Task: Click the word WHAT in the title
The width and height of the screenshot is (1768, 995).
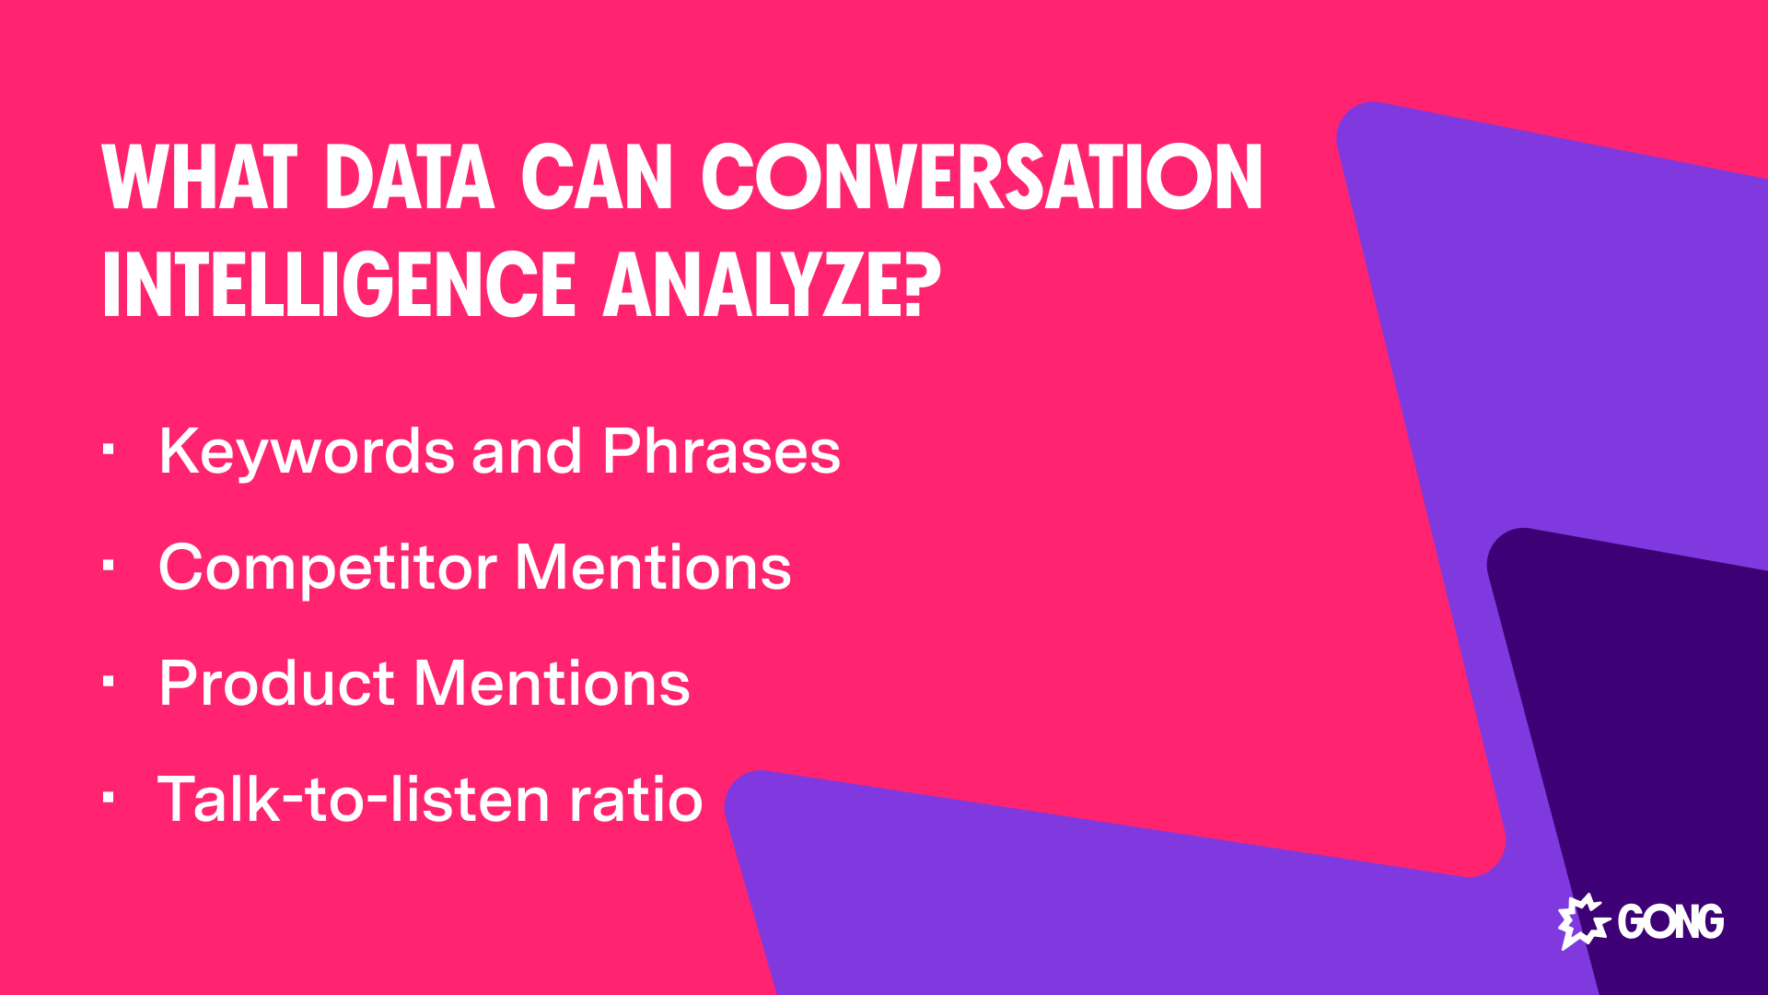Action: tap(199, 177)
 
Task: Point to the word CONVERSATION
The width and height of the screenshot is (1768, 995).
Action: tap(982, 177)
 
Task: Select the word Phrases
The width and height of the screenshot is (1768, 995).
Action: tap(721, 452)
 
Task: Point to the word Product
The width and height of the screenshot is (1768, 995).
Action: tap(277, 684)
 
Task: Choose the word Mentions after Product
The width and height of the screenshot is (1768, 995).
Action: tap(552, 684)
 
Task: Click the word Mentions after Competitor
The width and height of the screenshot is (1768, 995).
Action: tap(653, 568)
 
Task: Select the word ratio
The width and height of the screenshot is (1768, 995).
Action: tap(636, 799)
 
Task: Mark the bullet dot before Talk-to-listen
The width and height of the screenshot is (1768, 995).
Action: tap(109, 798)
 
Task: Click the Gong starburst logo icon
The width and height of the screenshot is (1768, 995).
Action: tap(1582, 920)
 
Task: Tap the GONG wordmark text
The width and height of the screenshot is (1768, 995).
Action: tap(1670, 921)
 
